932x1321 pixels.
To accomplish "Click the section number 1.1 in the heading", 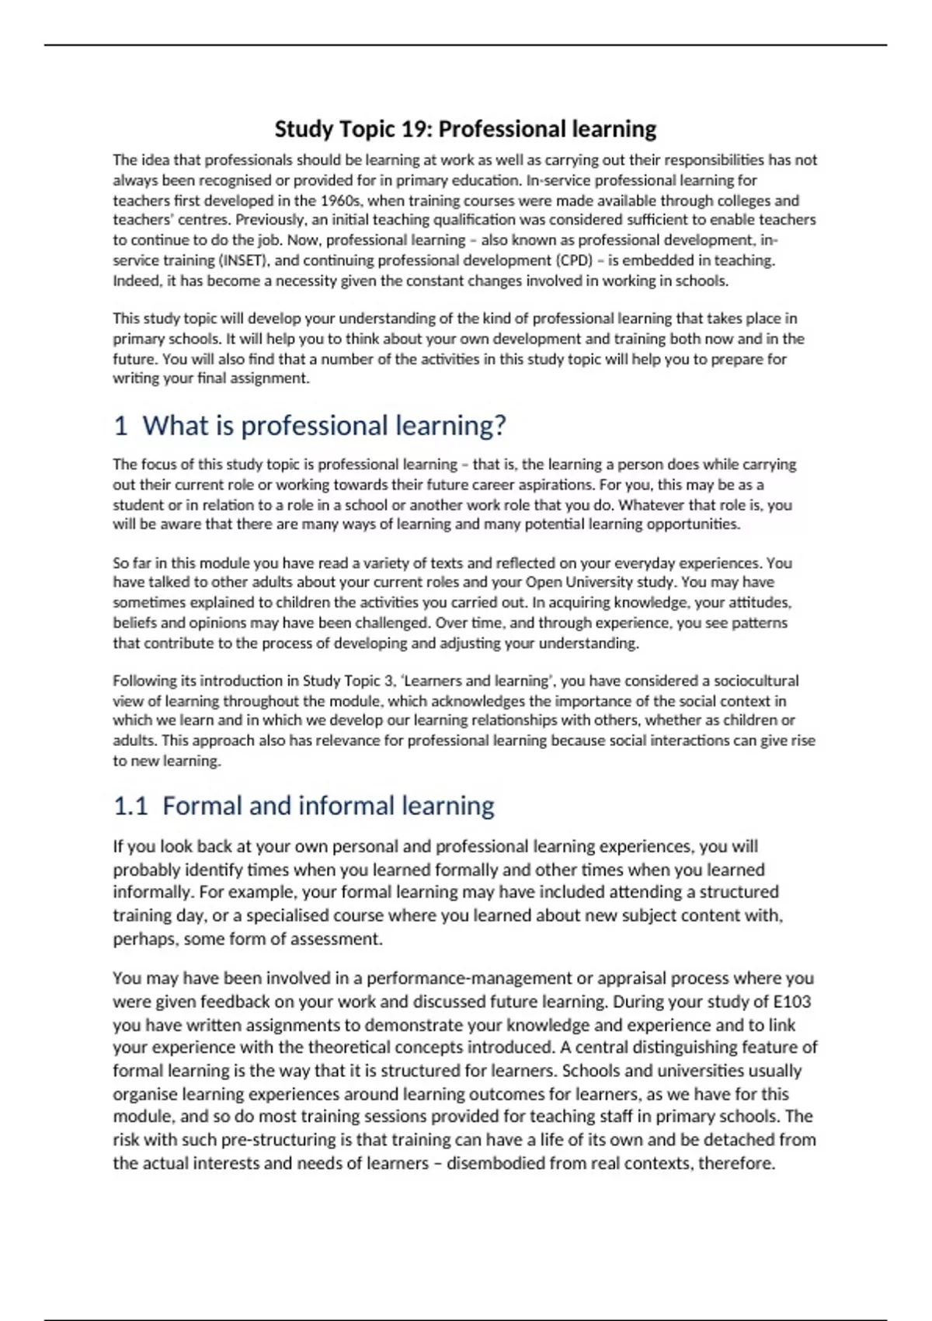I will [130, 806].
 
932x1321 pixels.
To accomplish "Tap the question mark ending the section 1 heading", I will [499, 426].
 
